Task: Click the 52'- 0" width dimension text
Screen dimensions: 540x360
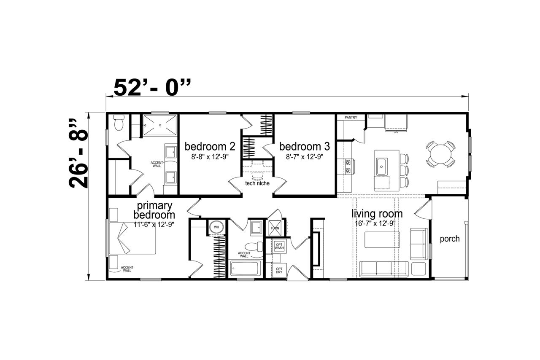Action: pyautogui.click(x=152, y=87)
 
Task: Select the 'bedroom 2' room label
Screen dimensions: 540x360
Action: pyautogui.click(x=210, y=146)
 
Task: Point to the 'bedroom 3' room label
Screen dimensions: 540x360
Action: pyautogui.click(x=305, y=146)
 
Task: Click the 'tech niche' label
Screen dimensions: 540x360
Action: pyautogui.click(x=257, y=183)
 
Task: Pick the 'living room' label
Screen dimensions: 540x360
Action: pyautogui.click(x=377, y=213)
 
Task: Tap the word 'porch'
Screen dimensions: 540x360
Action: pyautogui.click(x=450, y=239)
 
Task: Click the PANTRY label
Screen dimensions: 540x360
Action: pyautogui.click(x=351, y=117)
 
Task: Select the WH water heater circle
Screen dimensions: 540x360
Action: pyautogui.click(x=216, y=227)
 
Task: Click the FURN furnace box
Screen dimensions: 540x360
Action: pyautogui.click(x=275, y=228)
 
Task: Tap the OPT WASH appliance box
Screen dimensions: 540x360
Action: pyautogui.click(x=279, y=246)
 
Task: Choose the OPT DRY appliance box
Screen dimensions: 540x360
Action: pyautogui.click(x=279, y=270)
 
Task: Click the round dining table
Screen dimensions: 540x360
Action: pyautogui.click(x=440, y=154)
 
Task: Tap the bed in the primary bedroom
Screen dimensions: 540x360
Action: pyautogui.click(x=132, y=238)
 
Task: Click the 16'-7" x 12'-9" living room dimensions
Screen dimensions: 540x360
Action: pyautogui.click(x=375, y=223)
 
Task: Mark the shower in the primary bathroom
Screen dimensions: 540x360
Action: pyautogui.click(x=160, y=125)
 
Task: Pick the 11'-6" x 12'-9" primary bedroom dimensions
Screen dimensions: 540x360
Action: pyautogui.click(x=154, y=225)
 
